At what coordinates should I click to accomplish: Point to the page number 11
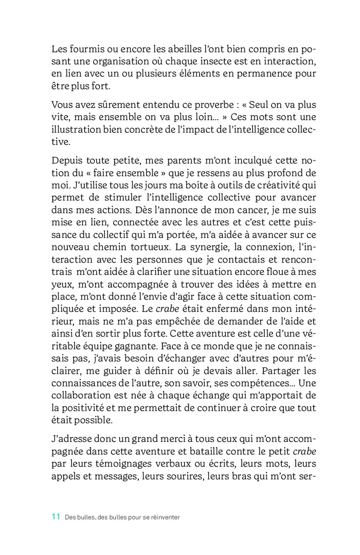(x=56, y=517)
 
